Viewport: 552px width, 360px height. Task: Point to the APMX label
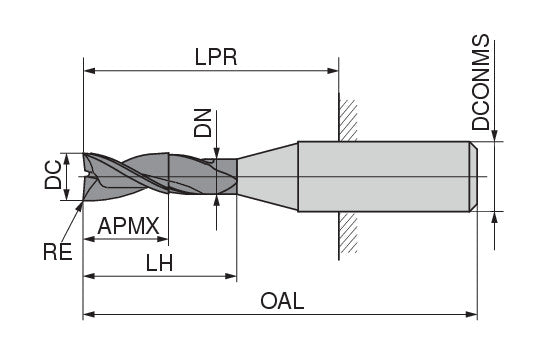coord(129,227)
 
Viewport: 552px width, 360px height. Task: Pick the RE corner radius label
coord(58,252)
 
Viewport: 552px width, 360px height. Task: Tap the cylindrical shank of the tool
coord(385,176)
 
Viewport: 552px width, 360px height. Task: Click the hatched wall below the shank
coord(348,236)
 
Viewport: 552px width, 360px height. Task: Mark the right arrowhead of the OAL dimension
coord(473,315)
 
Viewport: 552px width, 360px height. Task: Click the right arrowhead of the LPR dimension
coord(335,71)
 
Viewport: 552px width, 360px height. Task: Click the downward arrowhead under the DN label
coord(217,152)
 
